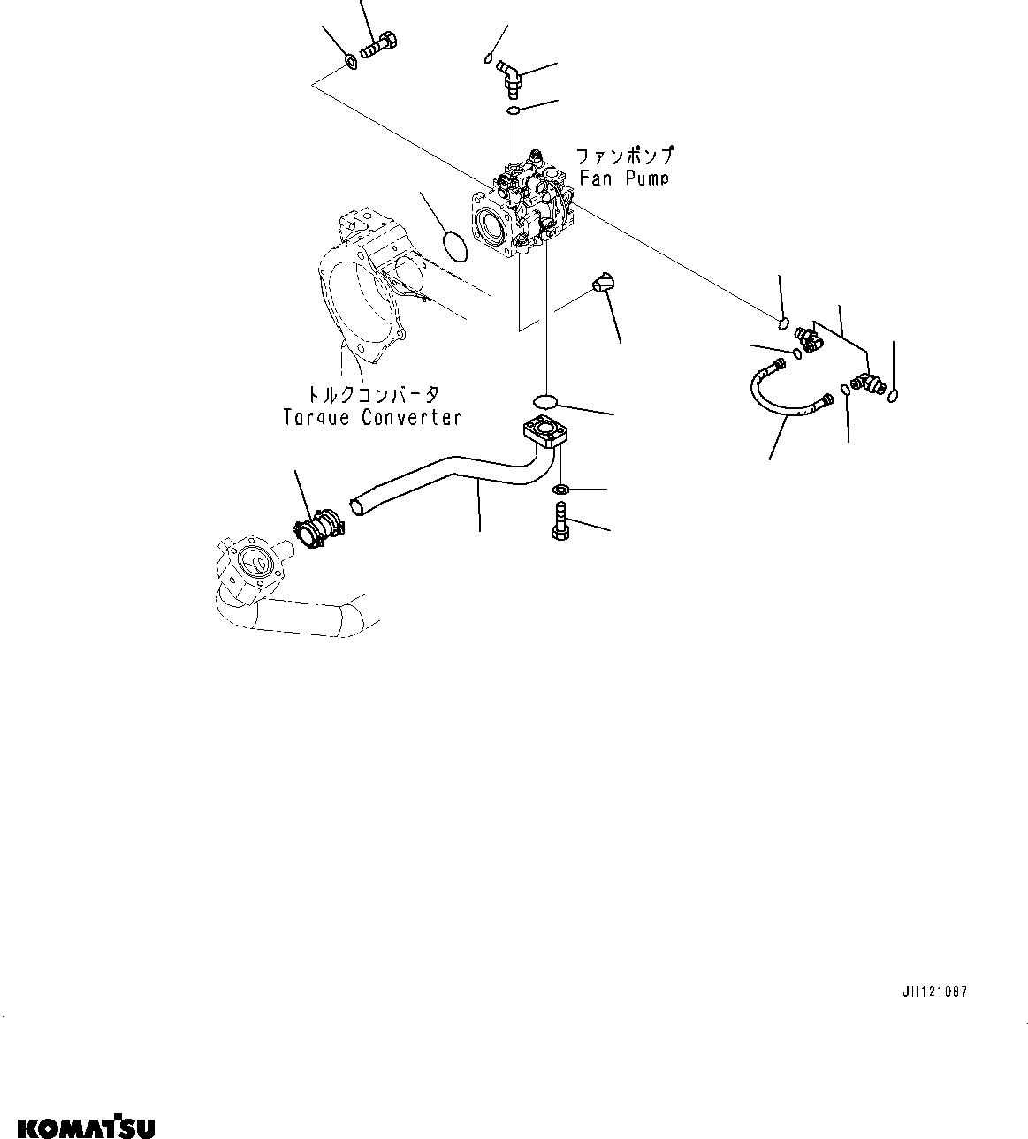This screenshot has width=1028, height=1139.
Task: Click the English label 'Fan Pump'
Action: [623, 178]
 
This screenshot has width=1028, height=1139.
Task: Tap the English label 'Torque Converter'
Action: [372, 417]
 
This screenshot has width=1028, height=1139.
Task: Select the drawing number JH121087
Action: [934, 991]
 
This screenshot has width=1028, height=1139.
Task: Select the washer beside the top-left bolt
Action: [350, 62]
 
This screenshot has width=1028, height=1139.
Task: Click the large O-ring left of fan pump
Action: [454, 247]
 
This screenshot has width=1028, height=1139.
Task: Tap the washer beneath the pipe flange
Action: [560, 489]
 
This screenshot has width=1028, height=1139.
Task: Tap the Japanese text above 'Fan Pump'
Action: [624, 156]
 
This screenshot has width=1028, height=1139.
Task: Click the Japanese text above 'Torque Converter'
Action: [371, 394]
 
